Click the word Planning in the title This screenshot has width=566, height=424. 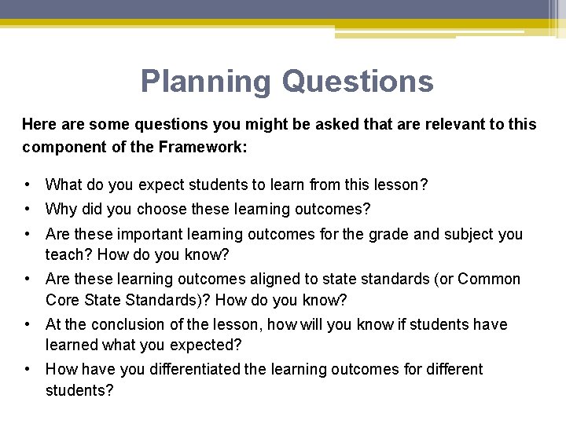click(206, 81)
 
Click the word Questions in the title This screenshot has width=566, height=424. click(357, 81)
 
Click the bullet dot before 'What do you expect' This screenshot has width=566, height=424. click(28, 185)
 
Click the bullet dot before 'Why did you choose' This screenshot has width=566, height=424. click(28, 210)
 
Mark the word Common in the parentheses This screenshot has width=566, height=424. click(489, 279)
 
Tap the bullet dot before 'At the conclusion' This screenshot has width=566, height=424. click(28, 324)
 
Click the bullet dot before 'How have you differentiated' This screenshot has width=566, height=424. click(28, 369)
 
